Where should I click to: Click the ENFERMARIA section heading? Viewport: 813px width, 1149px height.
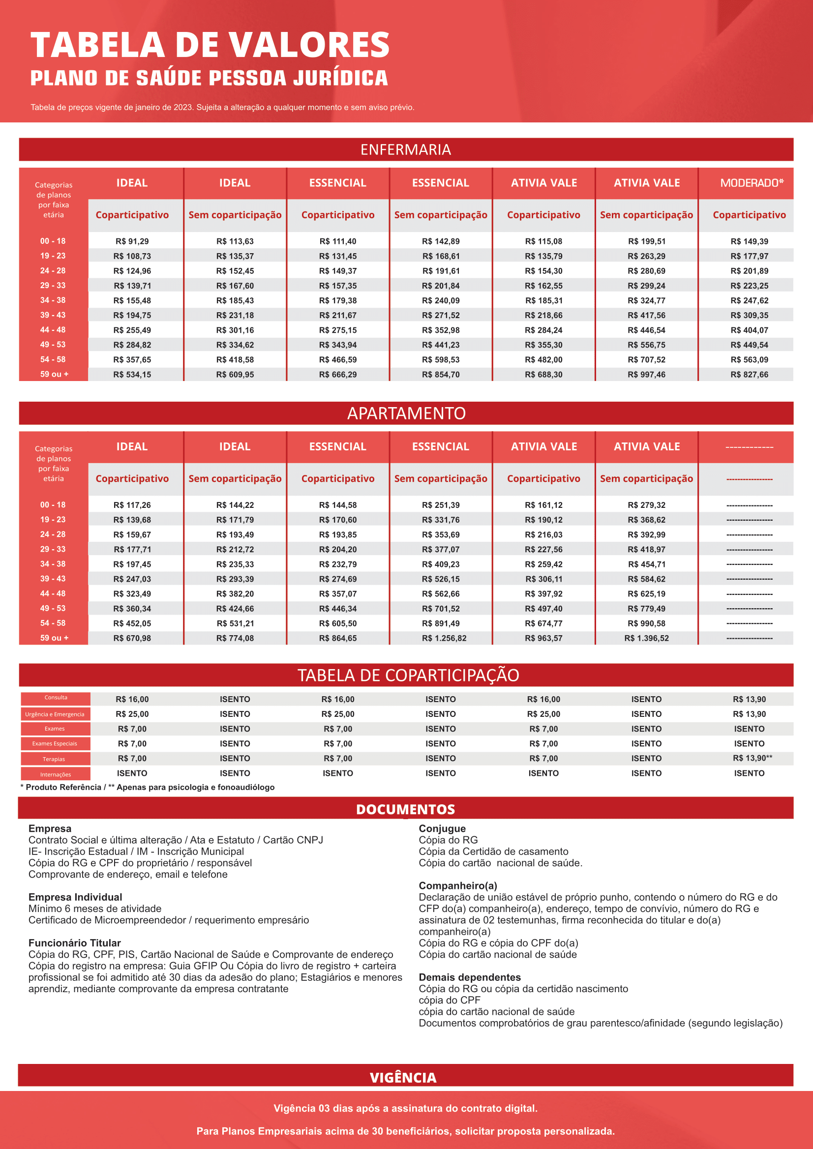pos(405,149)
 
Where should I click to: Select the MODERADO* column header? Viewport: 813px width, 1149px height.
pos(752,183)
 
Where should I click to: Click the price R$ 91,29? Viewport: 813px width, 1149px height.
pos(132,241)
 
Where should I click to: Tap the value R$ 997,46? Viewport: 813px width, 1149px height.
pos(646,374)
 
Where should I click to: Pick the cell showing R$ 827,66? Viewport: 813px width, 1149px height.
pos(749,374)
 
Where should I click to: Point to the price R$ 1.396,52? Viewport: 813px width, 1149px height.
pos(646,638)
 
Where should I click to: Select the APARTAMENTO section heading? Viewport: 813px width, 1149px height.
pos(406,413)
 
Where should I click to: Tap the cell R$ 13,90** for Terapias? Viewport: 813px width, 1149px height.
pos(752,758)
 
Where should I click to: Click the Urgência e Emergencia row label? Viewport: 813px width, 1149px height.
pos(55,714)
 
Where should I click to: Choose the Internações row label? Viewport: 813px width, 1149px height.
pos(56,774)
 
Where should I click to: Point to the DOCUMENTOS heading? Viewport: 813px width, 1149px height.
pos(405,809)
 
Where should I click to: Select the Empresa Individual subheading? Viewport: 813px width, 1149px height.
pos(75,897)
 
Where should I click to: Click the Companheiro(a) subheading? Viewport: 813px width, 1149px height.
pos(457,886)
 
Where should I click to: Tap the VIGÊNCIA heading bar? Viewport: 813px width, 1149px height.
pos(403,1077)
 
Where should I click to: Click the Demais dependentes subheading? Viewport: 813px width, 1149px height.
pos(470,977)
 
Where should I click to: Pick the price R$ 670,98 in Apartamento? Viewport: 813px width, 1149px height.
pos(132,638)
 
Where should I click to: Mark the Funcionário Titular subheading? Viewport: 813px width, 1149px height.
pos(75,943)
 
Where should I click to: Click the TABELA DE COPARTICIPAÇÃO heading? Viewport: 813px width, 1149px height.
pos(408,675)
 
